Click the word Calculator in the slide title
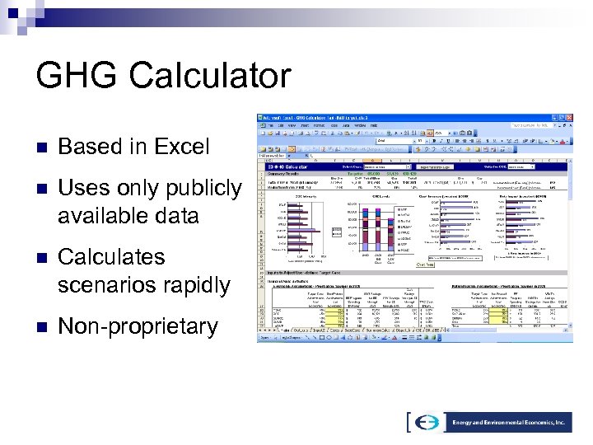208,77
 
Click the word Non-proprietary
138,326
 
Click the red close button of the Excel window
569,118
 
